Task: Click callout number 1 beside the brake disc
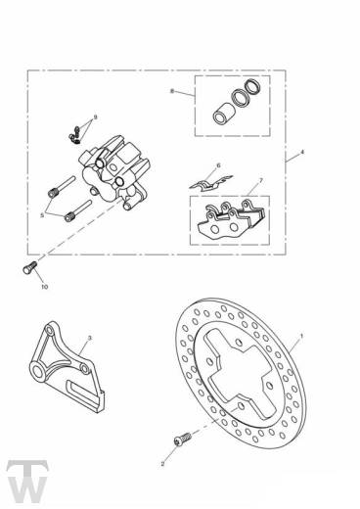coord(303,337)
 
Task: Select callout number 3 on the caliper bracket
coord(90,339)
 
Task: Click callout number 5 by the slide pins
coord(42,214)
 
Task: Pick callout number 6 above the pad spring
coord(217,165)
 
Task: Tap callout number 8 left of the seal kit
coord(171,92)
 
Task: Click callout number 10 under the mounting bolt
coord(43,288)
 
